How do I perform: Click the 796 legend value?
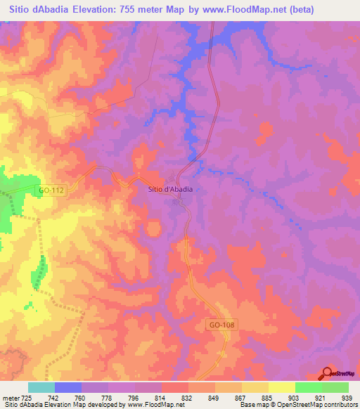(135, 398)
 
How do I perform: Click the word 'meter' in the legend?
(10, 398)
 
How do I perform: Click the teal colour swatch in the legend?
(41, 387)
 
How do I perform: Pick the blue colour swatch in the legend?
(68, 387)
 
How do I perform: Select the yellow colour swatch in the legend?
(282, 387)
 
